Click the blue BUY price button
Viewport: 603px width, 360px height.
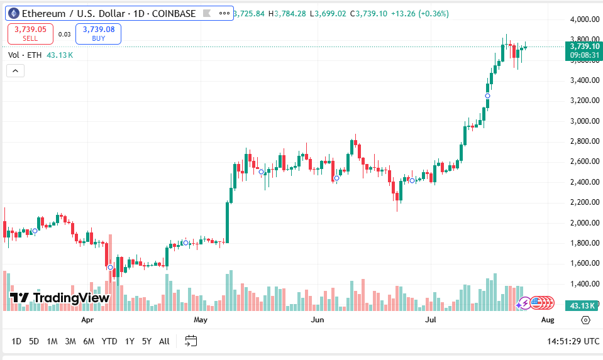click(x=98, y=33)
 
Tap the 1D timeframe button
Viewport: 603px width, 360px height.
click(x=16, y=341)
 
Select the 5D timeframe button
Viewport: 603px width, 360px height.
click(x=34, y=341)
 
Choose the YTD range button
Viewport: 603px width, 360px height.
click(x=109, y=341)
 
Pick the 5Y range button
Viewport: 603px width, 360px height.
click(x=147, y=341)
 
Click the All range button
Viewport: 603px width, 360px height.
click(x=164, y=341)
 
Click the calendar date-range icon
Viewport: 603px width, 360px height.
click(x=191, y=341)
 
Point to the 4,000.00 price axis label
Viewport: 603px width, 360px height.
click(x=584, y=19)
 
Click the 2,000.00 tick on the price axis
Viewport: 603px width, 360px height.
click(x=584, y=223)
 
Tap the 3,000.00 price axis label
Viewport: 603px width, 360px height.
click(x=584, y=121)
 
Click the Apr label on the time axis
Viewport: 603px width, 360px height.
click(x=87, y=320)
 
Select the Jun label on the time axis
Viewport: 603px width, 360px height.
click(x=318, y=320)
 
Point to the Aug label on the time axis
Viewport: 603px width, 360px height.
click(x=548, y=320)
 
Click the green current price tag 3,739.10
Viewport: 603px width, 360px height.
click(x=583, y=46)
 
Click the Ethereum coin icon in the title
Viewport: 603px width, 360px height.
click(x=13, y=13)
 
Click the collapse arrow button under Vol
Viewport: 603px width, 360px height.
click(x=15, y=70)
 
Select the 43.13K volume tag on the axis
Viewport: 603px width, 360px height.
click(x=583, y=305)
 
